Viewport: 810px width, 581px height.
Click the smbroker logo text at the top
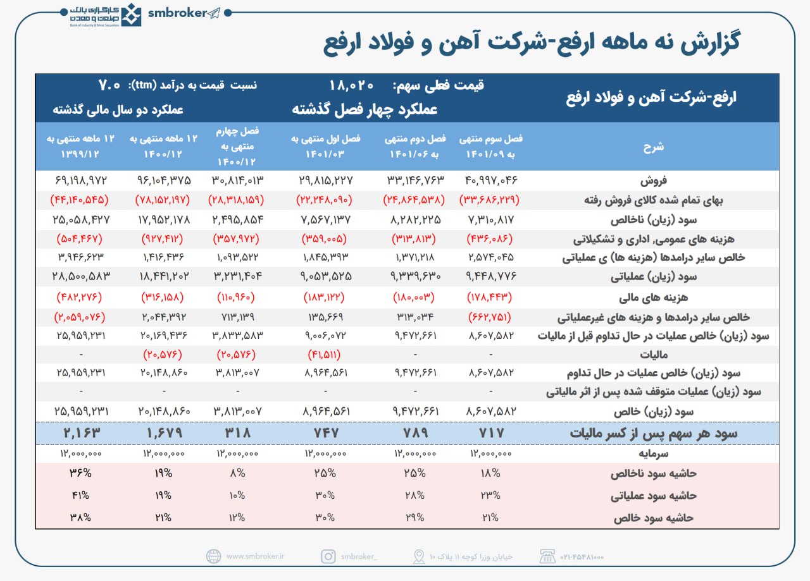[178, 13]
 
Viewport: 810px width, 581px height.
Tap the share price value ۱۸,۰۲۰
[352, 85]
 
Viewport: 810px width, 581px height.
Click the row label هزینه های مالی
[662, 297]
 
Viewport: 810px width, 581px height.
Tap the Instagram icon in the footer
[328, 556]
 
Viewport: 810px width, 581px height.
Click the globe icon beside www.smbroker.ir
[214, 556]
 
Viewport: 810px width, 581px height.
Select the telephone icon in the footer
[546, 556]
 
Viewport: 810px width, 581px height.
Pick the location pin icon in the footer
[418, 556]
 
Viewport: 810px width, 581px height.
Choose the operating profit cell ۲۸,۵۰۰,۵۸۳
[82, 277]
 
